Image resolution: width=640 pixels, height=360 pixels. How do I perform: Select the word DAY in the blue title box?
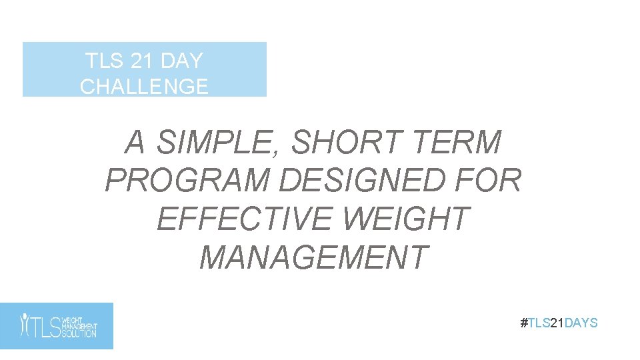[x=181, y=61]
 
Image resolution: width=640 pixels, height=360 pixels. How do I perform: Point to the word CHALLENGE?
[x=144, y=87]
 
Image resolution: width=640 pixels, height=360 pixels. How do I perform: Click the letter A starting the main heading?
[x=135, y=143]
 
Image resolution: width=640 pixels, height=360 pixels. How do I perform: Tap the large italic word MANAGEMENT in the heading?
[x=313, y=257]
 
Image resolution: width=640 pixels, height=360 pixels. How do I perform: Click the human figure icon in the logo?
[x=24, y=325]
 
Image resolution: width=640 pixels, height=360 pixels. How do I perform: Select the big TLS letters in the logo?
[x=46, y=326]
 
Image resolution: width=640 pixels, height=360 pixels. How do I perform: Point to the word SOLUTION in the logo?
[x=79, y=333]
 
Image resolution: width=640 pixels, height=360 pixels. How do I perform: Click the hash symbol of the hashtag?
[x=523, y=323]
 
